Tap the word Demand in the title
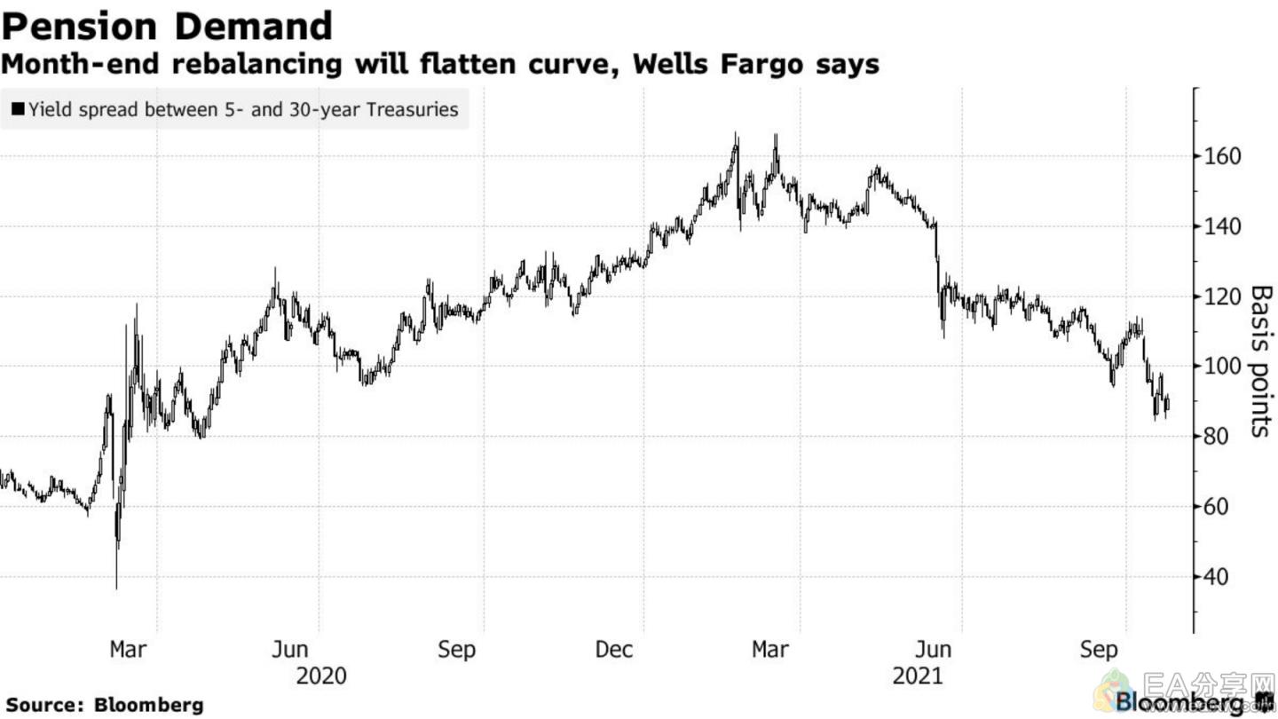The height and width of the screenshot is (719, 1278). [x=251, y=27]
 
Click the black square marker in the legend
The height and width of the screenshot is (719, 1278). [x=18, y=110]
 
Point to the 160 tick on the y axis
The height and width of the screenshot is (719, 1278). [x=1221, y=156]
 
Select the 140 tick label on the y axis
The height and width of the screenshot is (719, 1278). [x=1221, y=226]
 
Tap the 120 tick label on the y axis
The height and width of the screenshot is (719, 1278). [x=1221, y=296]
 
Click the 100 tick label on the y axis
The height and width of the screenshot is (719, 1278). [x=1221, y=367]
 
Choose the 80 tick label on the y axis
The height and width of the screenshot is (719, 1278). [x=1216, y=437]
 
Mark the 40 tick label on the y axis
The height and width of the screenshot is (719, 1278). [x=1216, y=577]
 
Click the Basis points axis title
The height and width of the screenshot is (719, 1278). [x=1260, y=360]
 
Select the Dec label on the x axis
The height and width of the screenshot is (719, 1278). [x=614, y=650]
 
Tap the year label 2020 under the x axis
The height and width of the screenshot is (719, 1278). [x=321, y=676]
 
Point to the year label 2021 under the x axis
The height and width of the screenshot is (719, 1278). [x=918, y=676]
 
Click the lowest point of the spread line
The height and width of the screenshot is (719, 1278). [x=116, y=588]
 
